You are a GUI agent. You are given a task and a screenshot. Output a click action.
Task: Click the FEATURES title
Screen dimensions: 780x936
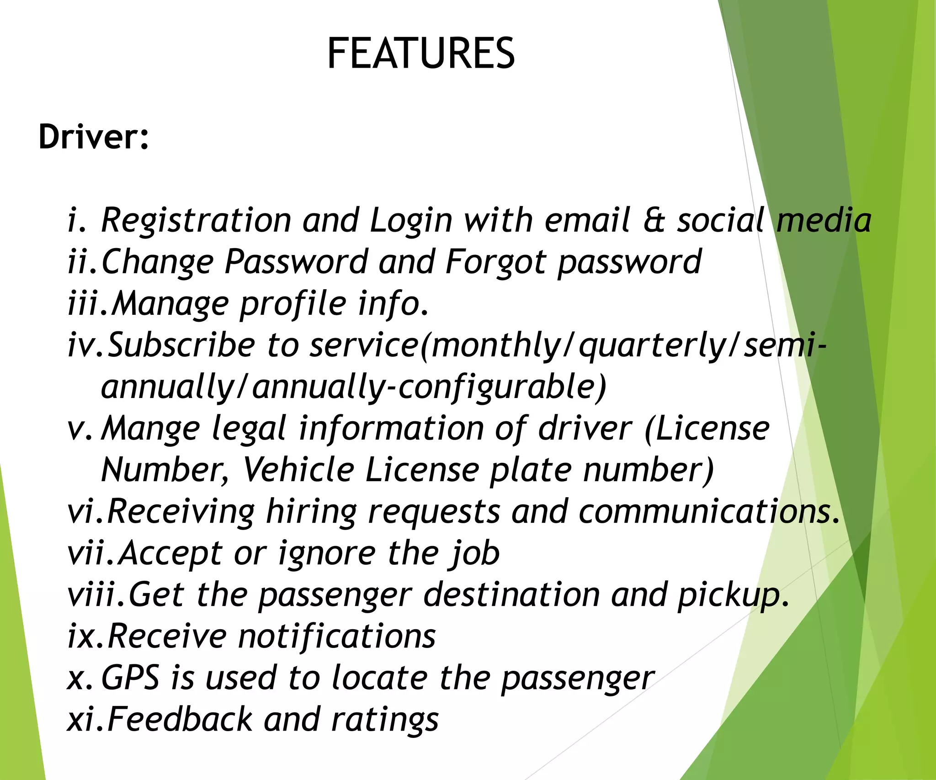click(421, 53)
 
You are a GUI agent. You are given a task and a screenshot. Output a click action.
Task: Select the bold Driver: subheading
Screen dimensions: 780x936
click(94, 137)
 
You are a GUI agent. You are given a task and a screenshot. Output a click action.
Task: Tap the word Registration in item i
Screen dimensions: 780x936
click(196, 220)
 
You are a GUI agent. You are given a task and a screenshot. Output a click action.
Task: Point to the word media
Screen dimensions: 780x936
click(824, 220)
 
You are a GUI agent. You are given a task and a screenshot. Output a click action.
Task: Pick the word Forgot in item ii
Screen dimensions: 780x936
click(495, 263)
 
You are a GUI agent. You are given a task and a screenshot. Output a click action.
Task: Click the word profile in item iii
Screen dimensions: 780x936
click(293, 304)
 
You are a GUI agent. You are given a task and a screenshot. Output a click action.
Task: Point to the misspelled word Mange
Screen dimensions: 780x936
click(150, 430)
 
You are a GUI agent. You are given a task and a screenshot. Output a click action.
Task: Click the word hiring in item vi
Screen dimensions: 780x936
click(311, 512)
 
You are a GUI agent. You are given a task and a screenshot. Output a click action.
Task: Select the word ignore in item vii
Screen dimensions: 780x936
click(327, 554)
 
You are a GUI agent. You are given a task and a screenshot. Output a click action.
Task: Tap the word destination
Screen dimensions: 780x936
click(511, 595)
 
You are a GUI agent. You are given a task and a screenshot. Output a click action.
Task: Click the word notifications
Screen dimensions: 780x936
click(337, 637)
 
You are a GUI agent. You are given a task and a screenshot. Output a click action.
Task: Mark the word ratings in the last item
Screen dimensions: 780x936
click(385, 720)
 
